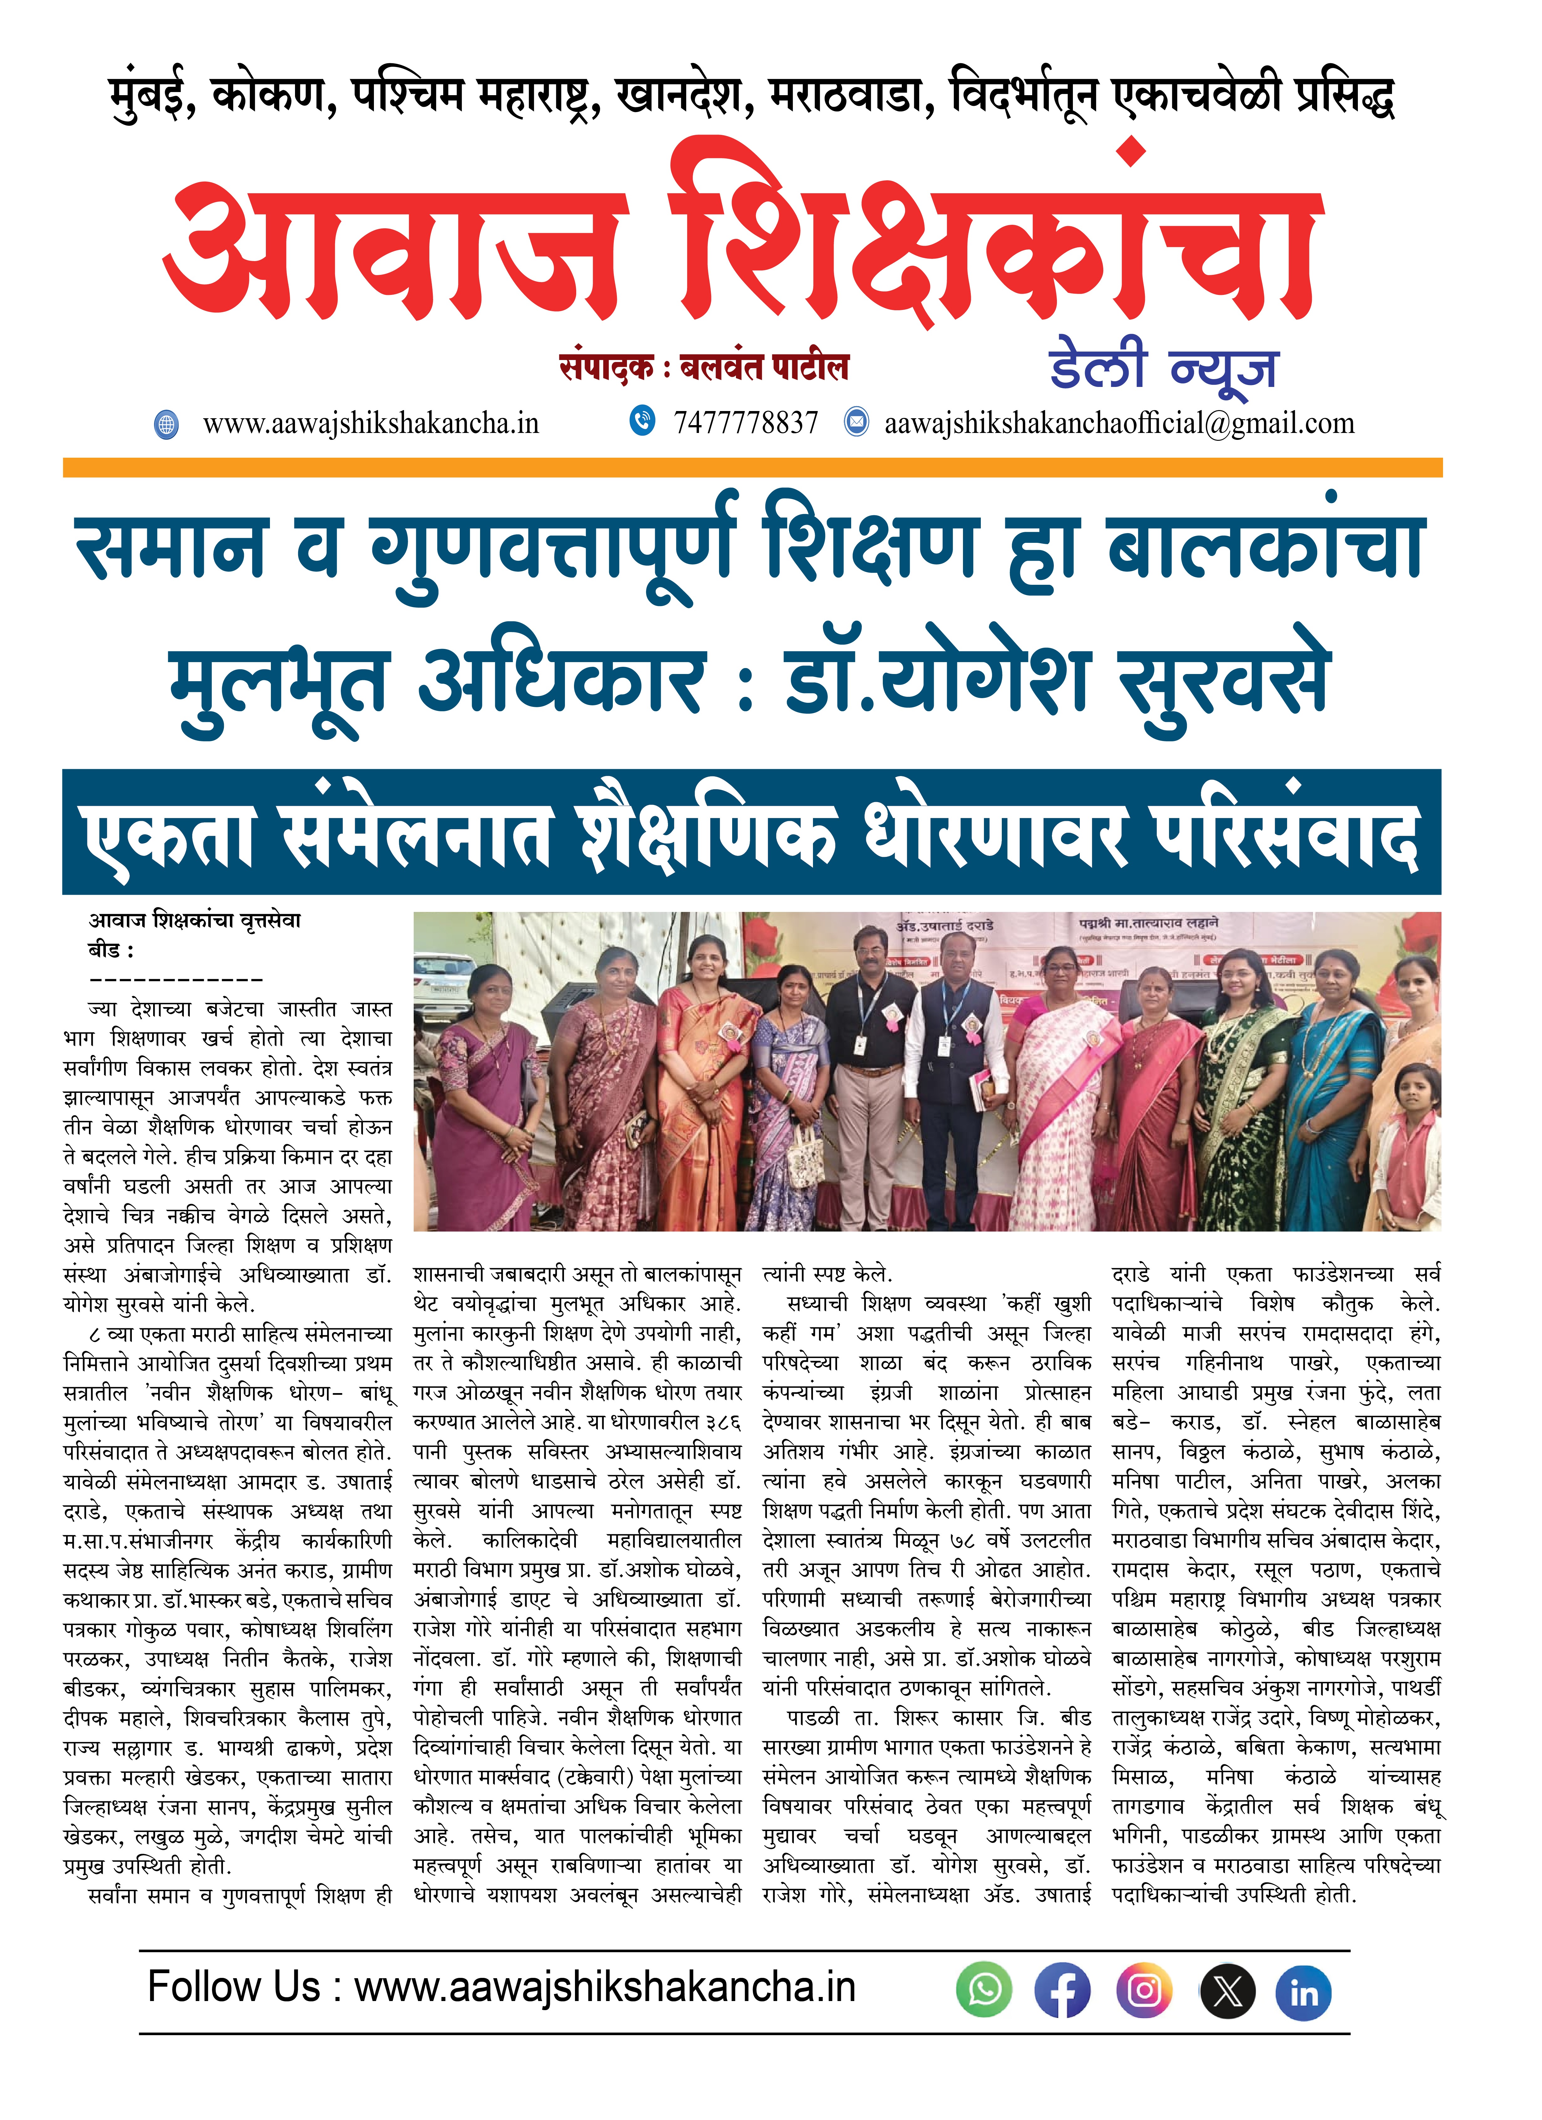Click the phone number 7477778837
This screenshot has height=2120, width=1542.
[x=745, y=424]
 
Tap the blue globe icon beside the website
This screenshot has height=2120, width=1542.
[x=167, y=425]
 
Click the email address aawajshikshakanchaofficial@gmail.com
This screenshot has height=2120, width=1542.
[x=1118, y=424]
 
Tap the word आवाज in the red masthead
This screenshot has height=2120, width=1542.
[x=393, y=252]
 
